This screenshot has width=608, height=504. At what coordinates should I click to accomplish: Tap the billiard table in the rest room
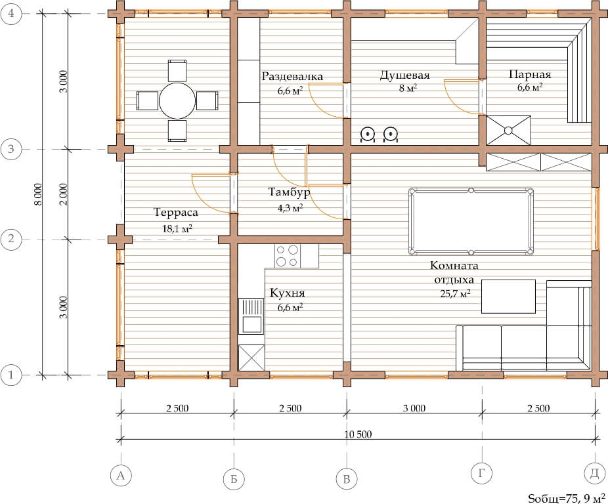click(x=471, y=221)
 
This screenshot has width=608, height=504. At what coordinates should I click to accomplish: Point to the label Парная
click(x=530, y=74)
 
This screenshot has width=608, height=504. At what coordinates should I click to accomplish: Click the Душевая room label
click(x=404, y=75)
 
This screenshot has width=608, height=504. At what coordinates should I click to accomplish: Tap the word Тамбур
click(x=290, y=192)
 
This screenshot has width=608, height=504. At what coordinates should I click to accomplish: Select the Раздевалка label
click(x=292, y=76)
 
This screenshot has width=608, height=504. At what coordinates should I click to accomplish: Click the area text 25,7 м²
click(x=455, y=293)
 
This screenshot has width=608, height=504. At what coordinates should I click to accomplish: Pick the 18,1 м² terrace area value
click(x=177, y=229)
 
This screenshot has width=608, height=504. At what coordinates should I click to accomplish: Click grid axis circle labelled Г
click(x=481, y=473)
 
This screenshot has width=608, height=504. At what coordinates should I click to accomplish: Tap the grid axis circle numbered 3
click(x=11, y=149)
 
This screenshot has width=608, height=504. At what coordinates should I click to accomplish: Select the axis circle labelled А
click(x=121, y=475)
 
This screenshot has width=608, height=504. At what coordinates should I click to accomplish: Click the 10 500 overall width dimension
click(x=358, y=434)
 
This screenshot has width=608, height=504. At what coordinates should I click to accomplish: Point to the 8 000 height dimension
click(x=37, y=194)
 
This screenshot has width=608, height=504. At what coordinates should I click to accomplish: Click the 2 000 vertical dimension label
click(x=64, y=194)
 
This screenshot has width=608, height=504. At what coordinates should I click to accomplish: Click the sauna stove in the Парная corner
click(x=508, y=130)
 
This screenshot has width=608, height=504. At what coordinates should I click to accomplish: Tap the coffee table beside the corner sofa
click(x=508, y=296)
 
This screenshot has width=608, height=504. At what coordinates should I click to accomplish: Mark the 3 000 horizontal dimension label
click(x=414, y=408)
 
